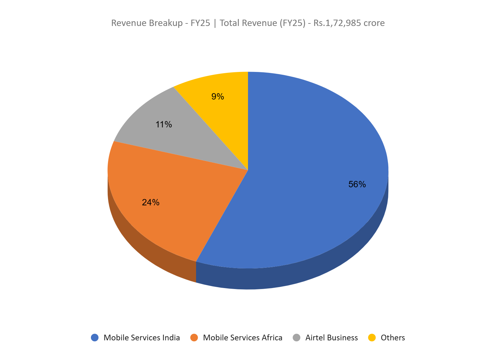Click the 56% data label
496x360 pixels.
click(357, 184)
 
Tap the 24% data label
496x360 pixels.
click(150, 202)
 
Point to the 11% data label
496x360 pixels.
click(163, 125)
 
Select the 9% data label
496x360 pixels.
click(218, 97)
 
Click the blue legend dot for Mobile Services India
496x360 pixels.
click(95, 337)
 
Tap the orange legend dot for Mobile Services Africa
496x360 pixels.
click(194, 337)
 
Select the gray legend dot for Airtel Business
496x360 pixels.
click(296, 337)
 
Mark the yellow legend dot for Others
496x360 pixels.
click(372, 337)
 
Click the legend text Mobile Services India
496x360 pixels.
click(142, 337)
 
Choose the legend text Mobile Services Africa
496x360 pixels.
click(243, 337)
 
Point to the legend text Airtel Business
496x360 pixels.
click(331, 337)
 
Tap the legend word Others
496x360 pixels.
click(393, 337)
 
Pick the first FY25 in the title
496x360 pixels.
click(200, 23)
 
